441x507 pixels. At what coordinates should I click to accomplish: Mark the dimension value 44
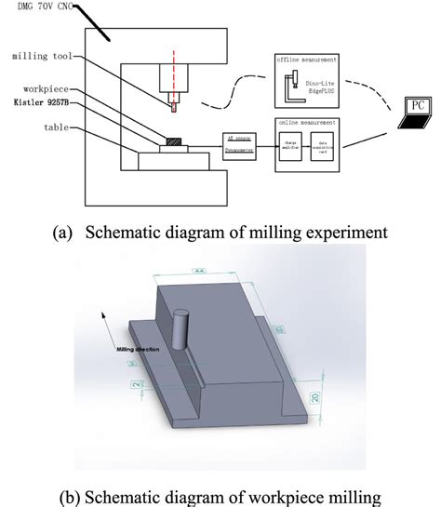click(x=198, y=270)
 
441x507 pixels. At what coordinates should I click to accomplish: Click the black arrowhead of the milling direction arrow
click(x=99, y=316)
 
